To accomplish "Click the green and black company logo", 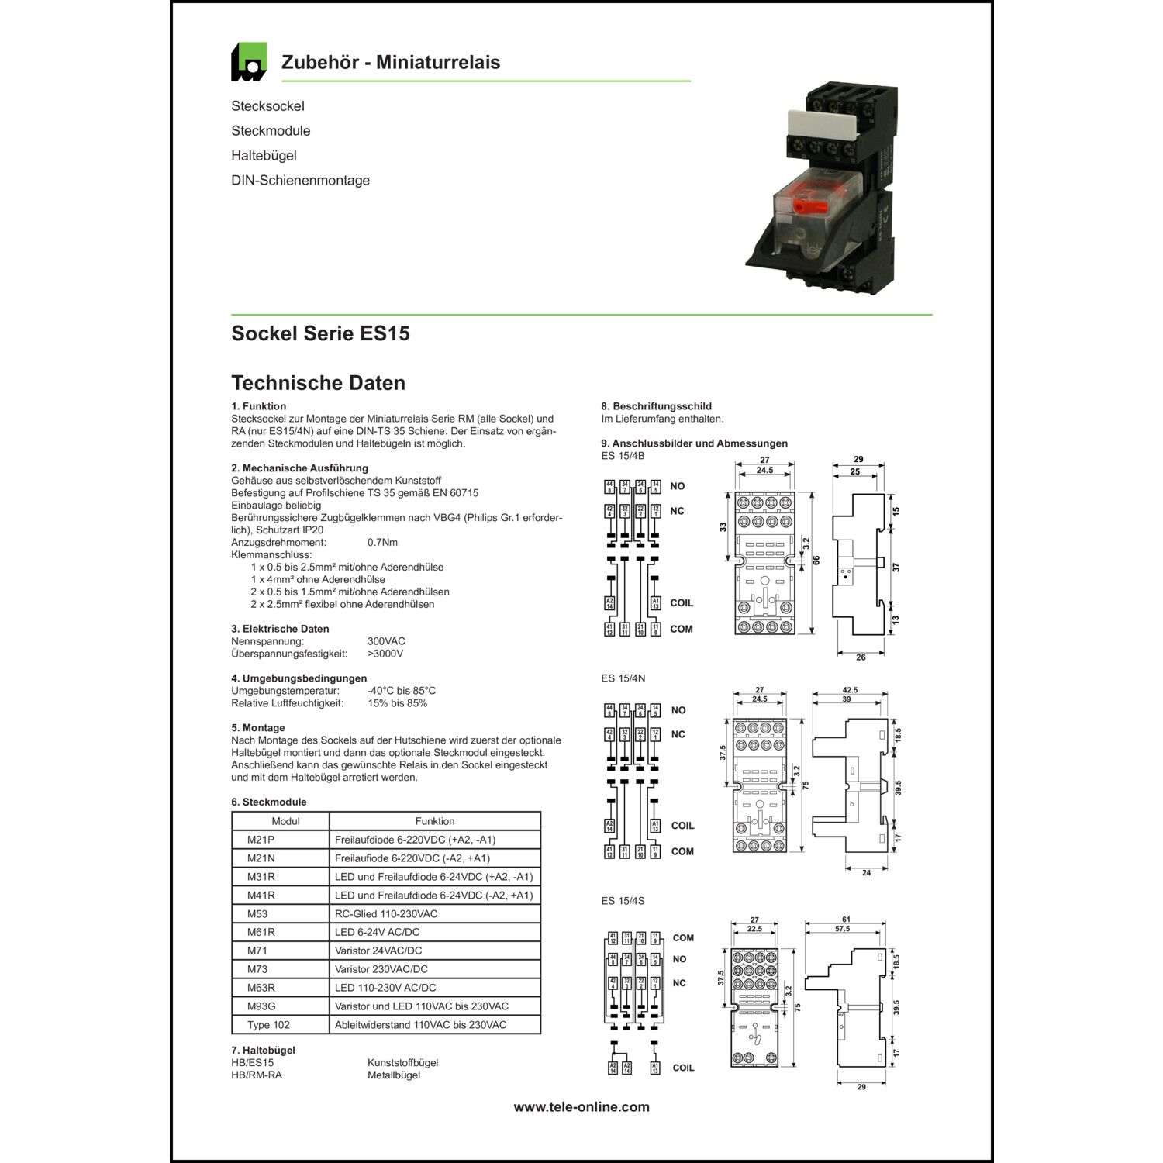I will point(249,62).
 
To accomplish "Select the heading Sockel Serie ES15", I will point(320,333).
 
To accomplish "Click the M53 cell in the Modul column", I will point(257,913).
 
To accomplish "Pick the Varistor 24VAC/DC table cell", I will point(378,951).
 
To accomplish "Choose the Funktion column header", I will point(435,821).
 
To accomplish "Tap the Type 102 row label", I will point(268,1025).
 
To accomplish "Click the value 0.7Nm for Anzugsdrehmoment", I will point(382,542).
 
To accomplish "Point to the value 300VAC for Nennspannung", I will point(386,641).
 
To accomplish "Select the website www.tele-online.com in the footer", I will point(581,1107).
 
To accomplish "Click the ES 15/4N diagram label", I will point(623,678).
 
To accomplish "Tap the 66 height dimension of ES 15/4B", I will point(816,561).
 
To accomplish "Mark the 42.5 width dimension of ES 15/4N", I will point(850,690).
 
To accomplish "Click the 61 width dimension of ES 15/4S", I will point(846,920).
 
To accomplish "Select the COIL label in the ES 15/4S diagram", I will point(683,1068).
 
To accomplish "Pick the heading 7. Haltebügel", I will point(263,1051).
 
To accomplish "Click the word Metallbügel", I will point(394,1075).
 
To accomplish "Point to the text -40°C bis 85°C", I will point(402,691).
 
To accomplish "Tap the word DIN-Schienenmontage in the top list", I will point(300,181).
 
